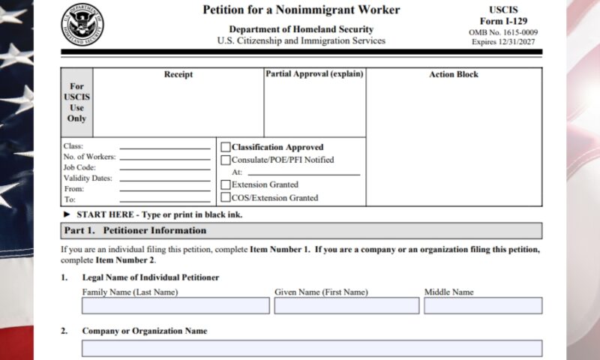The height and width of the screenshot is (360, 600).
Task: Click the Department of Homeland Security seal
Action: click(x=82, y=24)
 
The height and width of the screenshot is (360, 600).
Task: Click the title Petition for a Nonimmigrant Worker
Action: click(x=301, y=10)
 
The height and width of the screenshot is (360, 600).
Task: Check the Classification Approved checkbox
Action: click(x=226, y=148)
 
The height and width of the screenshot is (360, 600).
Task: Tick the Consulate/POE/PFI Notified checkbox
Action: click(x=226, y=160)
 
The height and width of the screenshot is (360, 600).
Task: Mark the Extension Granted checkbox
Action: click(x=226, y=184)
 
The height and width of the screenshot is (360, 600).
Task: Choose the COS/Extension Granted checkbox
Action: click(x=226, y=198)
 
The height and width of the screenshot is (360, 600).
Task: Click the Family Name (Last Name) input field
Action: click(x=175, y=306)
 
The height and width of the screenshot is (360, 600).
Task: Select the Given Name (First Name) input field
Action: click(x=346, y=306)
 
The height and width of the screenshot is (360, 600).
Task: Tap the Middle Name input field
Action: click(x=483, y=306)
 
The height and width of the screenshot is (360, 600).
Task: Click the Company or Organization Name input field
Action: click(x=312, y=348)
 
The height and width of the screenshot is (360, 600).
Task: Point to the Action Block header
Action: click(x=454, y=75)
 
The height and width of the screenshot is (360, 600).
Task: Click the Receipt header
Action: click(x=178, y=75)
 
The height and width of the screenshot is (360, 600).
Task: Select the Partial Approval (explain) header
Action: click(x=314, y=75)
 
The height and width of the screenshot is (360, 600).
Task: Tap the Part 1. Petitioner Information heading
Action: click(x=135, y=230)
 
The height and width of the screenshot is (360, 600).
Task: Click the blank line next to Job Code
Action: click(x=165, y=169)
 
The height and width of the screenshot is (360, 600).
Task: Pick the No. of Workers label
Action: click(x=89, y=157)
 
